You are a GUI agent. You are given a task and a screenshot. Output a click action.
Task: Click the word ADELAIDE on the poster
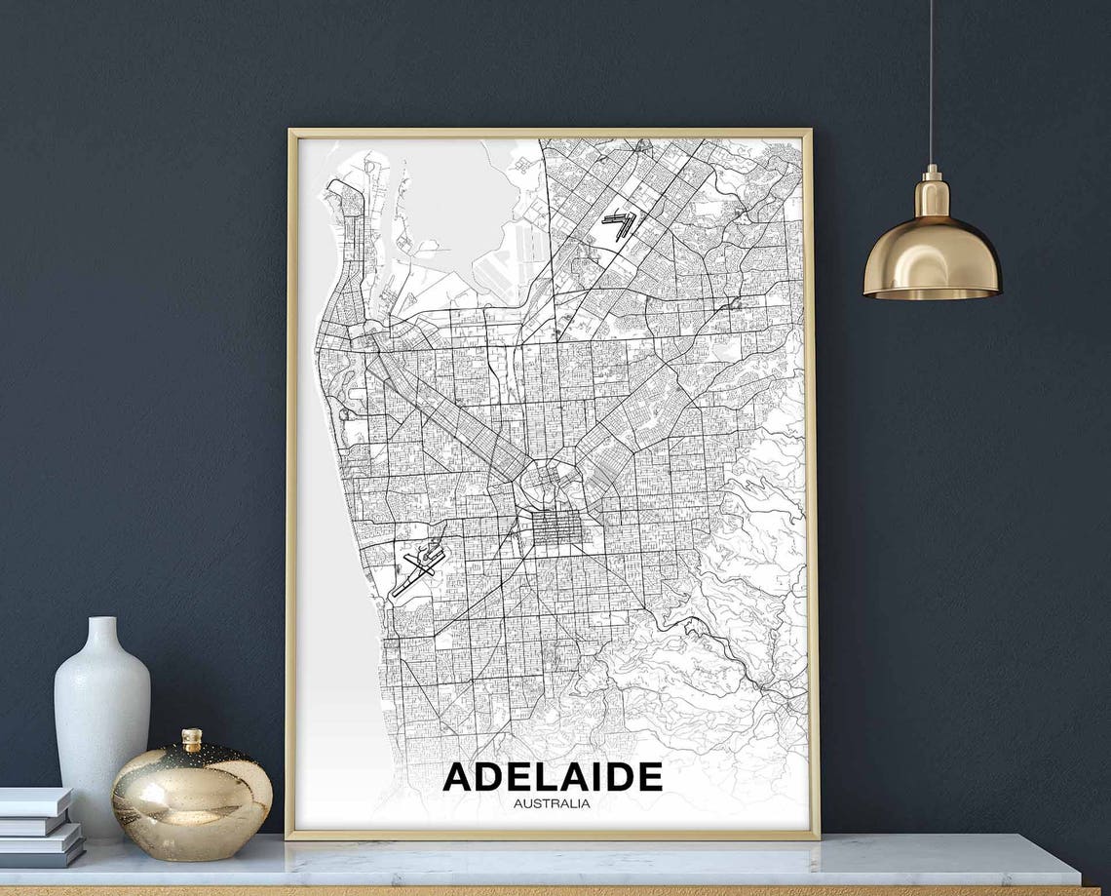point(553,777)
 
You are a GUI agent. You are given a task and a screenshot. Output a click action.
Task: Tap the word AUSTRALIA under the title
point(552,803)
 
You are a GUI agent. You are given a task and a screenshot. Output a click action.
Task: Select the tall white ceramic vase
point(101,721)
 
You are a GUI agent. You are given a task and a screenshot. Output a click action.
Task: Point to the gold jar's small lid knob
point(192,738)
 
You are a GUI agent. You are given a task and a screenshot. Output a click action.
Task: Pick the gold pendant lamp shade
point(931,258)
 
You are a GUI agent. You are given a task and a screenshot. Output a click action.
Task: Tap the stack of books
point(39,827)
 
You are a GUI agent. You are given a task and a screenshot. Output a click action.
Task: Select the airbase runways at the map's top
point(620,225)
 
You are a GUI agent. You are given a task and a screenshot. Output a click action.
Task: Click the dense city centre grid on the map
point(555,527)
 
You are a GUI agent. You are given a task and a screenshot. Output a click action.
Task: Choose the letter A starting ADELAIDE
point(460,777)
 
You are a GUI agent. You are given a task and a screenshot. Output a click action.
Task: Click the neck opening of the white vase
point(101,620)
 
